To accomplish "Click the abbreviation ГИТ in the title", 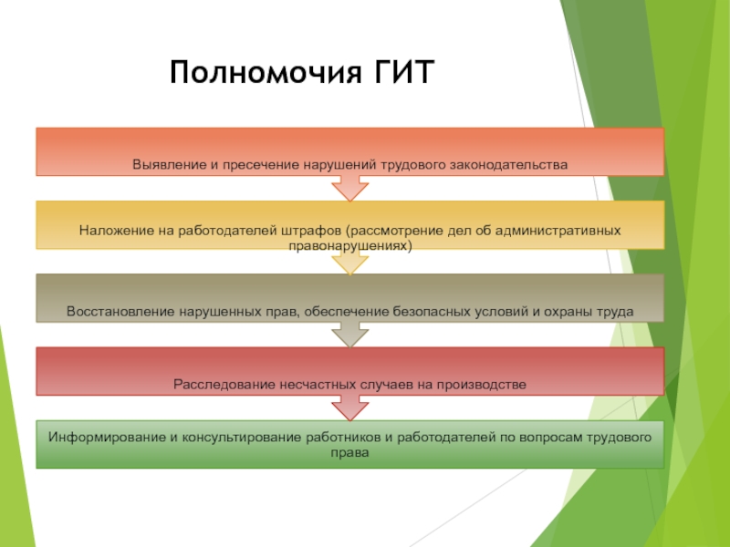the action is tap(399, 71).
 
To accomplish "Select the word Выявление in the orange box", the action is tap(163, 165).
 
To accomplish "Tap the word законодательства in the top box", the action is tap(517, 165).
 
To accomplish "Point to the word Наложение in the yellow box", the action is tap(109, 230).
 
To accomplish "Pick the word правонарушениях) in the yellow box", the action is tap(350, 246).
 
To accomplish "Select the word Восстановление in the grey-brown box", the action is tap(120, 311).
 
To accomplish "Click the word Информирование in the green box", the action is tap(103, 438).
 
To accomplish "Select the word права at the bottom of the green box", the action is tap(350, 452).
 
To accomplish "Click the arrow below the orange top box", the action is tap(350, 188).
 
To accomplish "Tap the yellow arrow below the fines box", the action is tap(350, 263).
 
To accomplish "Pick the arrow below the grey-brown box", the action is tap(350, 335).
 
